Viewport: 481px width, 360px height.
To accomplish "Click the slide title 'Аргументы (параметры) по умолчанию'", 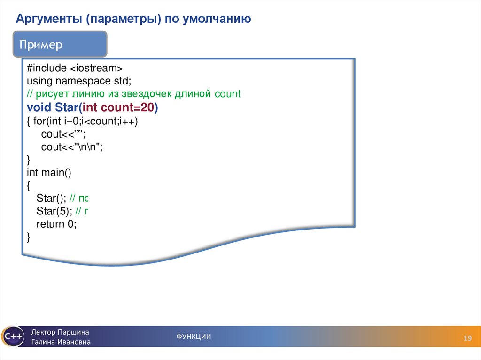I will click(133, 19).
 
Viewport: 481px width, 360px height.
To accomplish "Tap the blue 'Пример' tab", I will click(41, 46).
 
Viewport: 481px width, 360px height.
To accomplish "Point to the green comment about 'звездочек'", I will click(133, 94).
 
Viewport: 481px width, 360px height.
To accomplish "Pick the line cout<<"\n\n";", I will click(71, 147).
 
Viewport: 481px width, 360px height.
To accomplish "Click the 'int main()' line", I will click(49, 172).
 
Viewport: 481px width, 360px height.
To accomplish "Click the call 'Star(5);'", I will click(54, 211).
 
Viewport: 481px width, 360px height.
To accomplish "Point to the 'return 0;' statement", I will click(56, 224).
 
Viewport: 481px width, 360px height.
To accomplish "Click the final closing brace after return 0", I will click(29, 237).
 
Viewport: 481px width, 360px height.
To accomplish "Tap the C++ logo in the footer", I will click(12, 337).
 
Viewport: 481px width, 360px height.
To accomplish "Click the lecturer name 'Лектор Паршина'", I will click(60, 332).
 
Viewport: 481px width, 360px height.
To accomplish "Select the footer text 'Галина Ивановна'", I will click(61, 342).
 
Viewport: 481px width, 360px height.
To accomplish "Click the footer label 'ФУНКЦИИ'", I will click(194, 337).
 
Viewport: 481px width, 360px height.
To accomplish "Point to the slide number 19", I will click(467, 338).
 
